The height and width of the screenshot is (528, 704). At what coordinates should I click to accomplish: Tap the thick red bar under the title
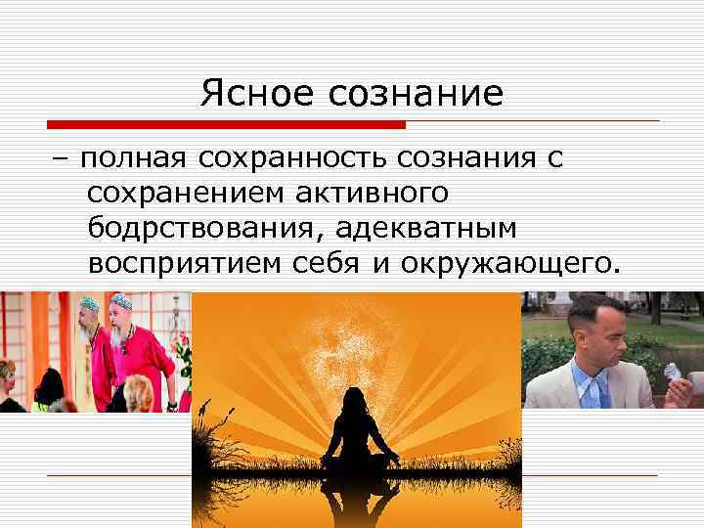pos(226,125)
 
